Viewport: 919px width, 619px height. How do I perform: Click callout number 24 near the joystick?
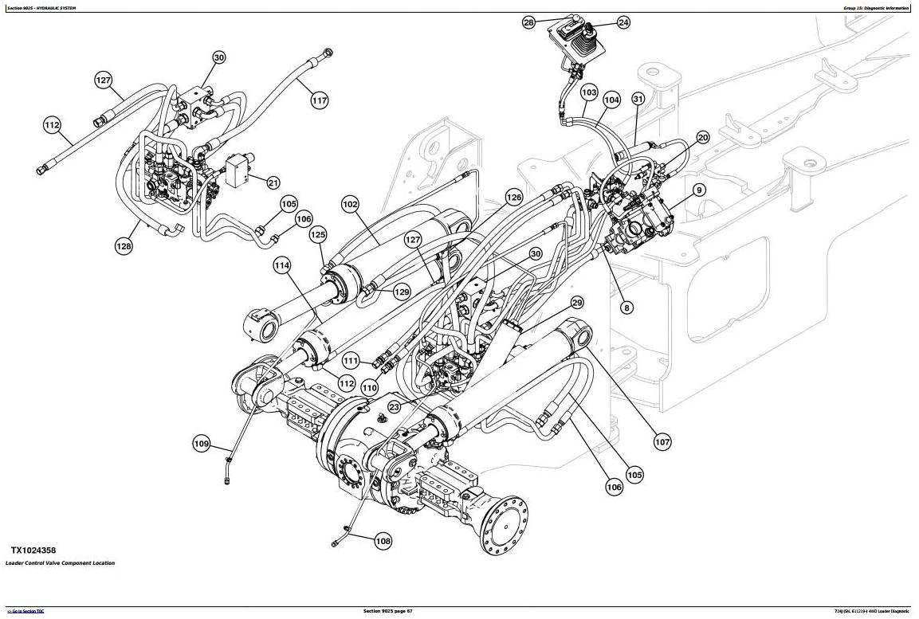click(x=623, y=23)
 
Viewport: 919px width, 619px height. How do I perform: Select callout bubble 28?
click(x=528, y=23)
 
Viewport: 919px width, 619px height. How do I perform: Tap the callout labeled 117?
click(x=319, y=100)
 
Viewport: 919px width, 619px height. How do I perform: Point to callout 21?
click(x=273, y=182)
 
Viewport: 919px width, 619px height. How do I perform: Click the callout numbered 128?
click(x=124, y=246)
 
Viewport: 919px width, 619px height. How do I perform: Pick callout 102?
click(x=350, y=205)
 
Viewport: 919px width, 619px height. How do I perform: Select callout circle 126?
click(x=513, y=198)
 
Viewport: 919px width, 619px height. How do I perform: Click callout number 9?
click(x=699, y=190)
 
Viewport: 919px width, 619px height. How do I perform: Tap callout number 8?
click(x=627, y=308)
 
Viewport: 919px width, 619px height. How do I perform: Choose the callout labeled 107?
click(x=662, y=441)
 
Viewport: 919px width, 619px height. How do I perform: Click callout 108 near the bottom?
click(x=383, y=542)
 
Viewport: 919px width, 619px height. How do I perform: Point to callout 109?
click(x=202, y=443)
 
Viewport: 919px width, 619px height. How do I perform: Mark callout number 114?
click(x=282, y=265)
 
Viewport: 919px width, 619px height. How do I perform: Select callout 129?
click(x=402, y=292)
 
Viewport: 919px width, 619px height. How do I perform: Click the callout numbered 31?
click(x=638, y=99)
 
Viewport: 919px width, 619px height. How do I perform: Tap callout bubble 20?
click(x=702, y=138)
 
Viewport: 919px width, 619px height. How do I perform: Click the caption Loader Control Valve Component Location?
click(x=60, y=563)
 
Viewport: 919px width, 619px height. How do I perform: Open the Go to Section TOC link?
click(x=26, y=611)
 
